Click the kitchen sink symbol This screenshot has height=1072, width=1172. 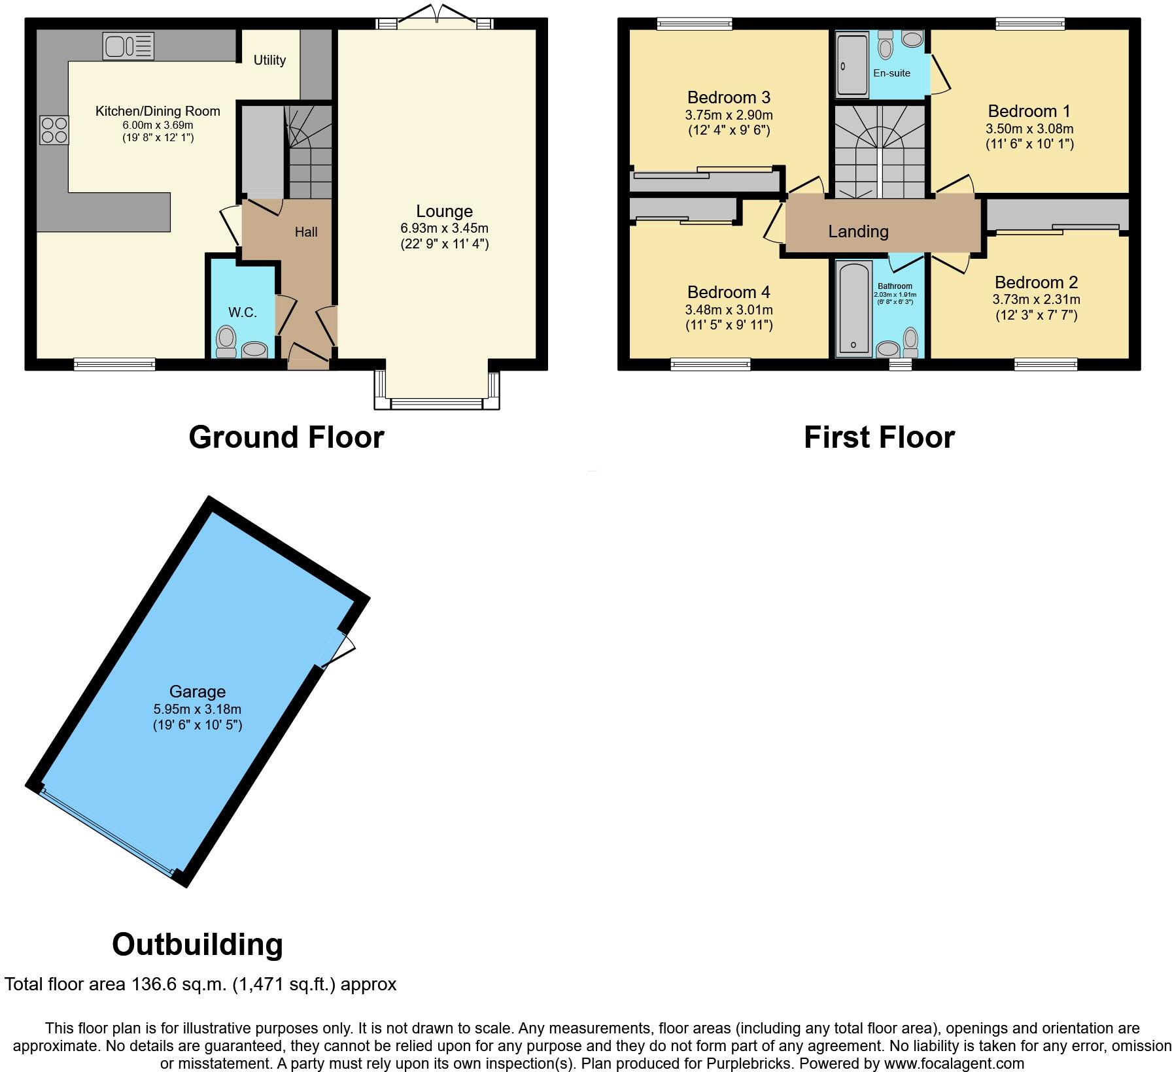coord(128,46)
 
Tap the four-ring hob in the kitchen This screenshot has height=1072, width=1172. coord(54,129)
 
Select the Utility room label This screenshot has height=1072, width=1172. coord(269,60)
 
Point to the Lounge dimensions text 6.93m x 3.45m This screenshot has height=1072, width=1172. coord(444,228)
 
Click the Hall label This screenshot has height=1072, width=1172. coord(306,232)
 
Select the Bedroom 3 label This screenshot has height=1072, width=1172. coord(729,97)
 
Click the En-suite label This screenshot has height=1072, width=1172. coord(891,73)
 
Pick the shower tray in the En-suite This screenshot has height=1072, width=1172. coord(852,65)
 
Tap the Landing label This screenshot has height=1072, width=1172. coord(858,231)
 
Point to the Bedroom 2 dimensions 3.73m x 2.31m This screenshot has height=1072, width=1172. coord(1036,300)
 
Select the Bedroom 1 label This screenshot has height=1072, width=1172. coord(1029,111)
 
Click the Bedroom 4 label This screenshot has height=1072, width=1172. coord(729,292)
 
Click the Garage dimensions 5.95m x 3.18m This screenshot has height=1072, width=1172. coord(198,709)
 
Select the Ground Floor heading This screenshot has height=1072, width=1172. coord(286,437)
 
